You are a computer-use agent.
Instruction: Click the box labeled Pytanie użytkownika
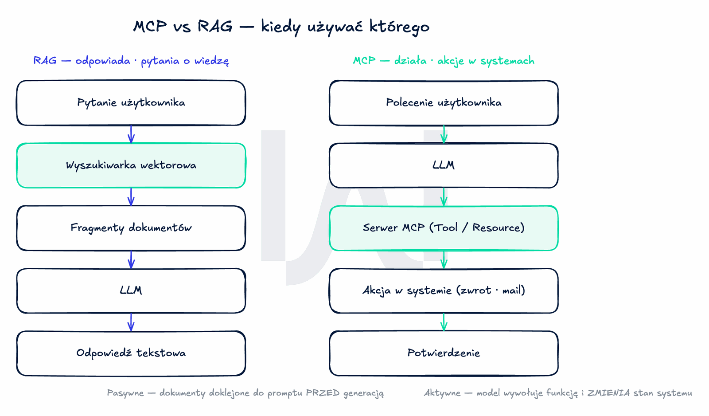pos(131,103)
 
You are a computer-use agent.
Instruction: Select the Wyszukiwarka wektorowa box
pos(131,165)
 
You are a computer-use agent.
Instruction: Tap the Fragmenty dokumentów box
pos(131,228)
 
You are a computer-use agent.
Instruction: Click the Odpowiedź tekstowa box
pos(131,353)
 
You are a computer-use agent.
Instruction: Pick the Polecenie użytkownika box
pos(444,103)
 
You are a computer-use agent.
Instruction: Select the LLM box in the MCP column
pos(444,165)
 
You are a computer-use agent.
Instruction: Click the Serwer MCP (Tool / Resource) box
pos(444,228)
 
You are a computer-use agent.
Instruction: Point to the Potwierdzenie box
pos(444,353)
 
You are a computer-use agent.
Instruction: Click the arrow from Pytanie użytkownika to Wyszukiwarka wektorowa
pos(131,134)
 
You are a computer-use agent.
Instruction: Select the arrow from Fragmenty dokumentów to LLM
pos(131,260)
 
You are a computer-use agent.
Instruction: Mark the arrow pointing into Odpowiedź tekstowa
pos(131,322)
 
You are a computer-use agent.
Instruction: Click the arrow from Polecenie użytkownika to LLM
pos(444,134)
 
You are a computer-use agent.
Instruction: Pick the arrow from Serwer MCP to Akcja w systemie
pos(444,260)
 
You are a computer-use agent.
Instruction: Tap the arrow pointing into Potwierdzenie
pos(444,322)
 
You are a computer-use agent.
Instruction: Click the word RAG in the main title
pos(215,26)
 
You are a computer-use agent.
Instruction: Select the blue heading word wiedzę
pos(211,61)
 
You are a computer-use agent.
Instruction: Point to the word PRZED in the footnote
pos(323,393)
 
